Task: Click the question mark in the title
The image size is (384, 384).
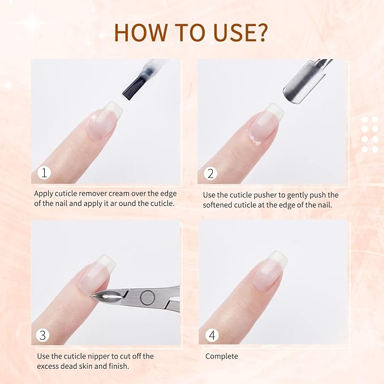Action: (261, 33)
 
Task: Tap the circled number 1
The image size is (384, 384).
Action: (43, 173)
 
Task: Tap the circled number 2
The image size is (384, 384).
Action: (210, 173)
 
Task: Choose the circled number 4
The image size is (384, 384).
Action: (212, 335)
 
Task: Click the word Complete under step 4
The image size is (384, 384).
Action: (221, 356)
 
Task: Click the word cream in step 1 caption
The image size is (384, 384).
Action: (129, 193)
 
